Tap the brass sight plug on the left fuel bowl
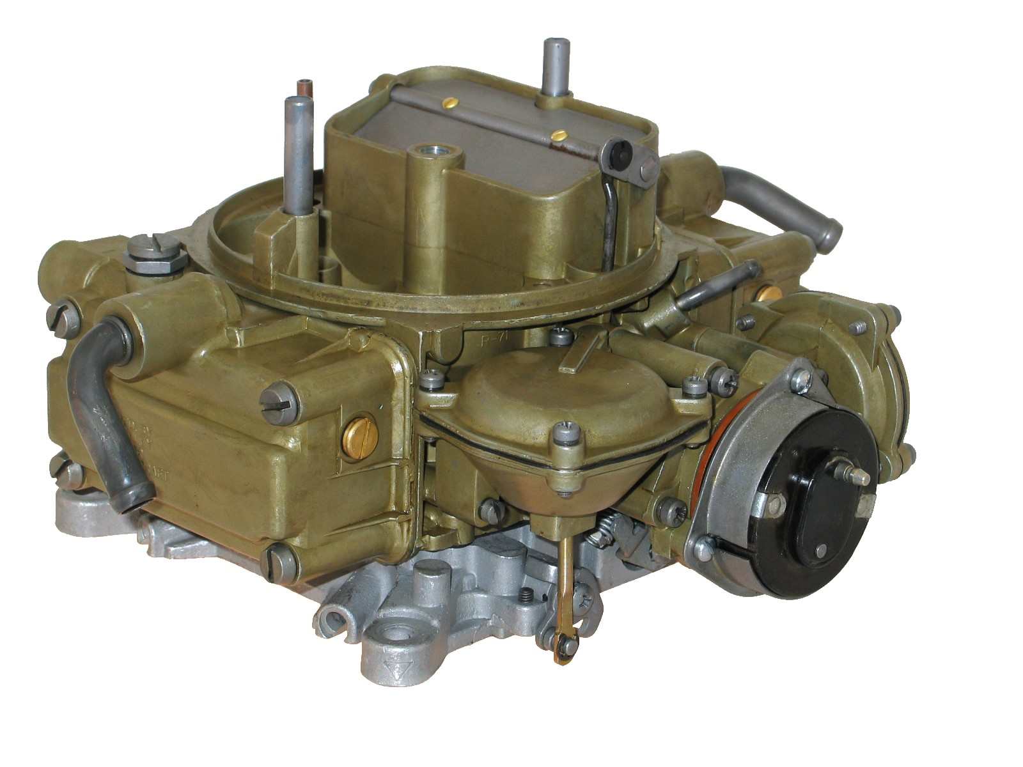click(x=359, y=437)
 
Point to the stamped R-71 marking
click(x=492, y=339)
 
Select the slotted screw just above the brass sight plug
click(x=279, y=402)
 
